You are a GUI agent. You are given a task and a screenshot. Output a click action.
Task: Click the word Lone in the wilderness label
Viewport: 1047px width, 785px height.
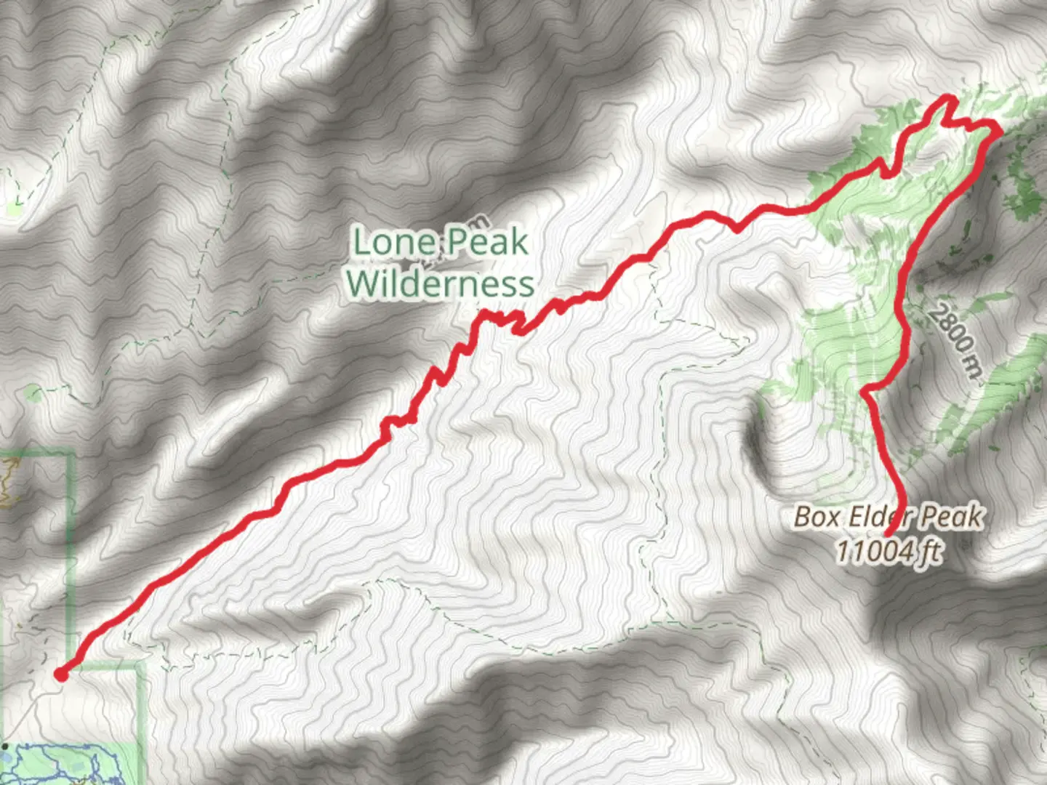393,242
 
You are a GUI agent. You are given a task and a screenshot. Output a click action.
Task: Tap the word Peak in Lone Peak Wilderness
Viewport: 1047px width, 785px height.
485,242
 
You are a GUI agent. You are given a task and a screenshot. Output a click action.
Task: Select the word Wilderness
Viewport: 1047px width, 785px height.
441,283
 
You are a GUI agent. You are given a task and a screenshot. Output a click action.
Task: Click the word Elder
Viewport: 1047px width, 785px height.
875,517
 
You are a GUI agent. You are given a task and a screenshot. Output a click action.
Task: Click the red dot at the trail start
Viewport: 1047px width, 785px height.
61,675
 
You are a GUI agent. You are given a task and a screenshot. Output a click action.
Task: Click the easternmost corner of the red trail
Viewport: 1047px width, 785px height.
999,130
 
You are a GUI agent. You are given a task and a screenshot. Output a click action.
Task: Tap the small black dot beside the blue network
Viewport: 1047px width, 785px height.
6,746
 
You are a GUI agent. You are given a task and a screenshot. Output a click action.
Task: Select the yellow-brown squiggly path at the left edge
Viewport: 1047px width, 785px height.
7,483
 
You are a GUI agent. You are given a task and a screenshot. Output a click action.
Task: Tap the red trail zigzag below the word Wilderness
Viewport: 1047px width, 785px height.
502,320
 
